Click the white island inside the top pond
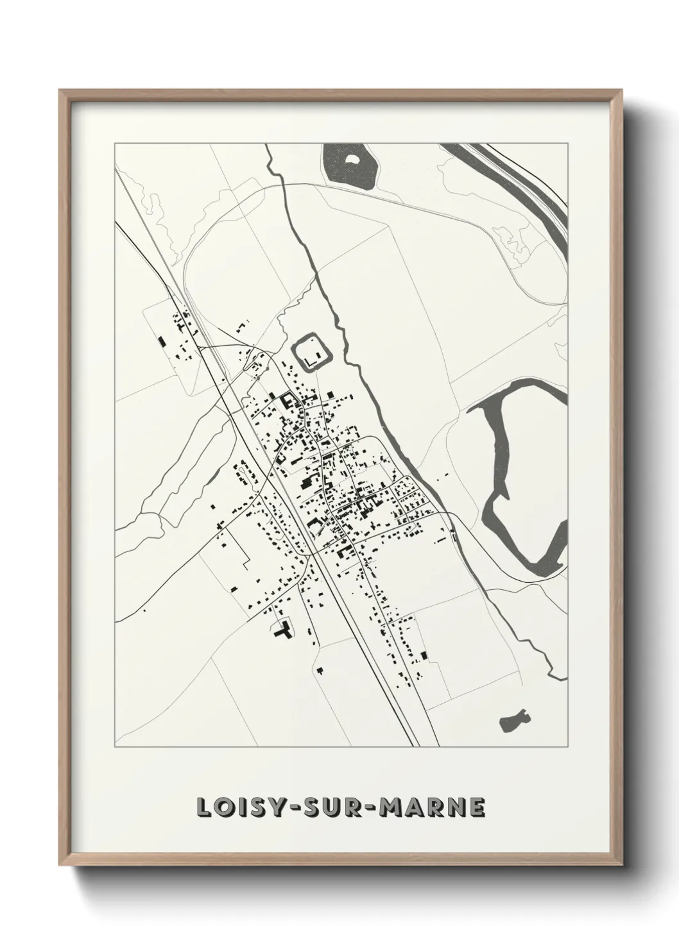coord(352,159)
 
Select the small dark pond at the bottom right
coord(513,719)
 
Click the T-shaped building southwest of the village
coord(282,630)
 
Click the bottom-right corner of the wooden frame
coord(619,861)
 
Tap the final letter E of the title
coord(477,808)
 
